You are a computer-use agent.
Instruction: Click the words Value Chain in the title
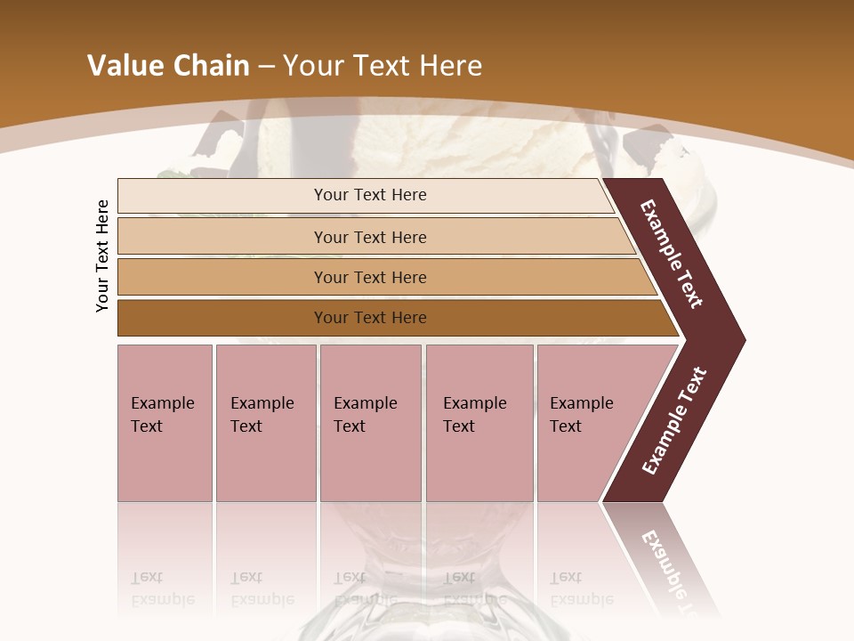[x=168, y=66]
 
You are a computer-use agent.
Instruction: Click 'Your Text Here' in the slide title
[x=383, y=66]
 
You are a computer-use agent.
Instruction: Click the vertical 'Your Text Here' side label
[x=102, y=256]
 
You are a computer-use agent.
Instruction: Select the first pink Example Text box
[x=165, y=423]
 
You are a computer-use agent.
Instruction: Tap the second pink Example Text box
[x=265, y=423]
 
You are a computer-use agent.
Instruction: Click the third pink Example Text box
[x=370, y=423]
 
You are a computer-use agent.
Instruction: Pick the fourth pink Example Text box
[x=479, y=423]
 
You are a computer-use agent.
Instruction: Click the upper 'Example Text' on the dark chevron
[x=672, y=254]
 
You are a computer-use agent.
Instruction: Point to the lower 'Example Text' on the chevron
[x=674, y=421]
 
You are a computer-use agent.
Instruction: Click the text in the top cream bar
[x=370, y=195]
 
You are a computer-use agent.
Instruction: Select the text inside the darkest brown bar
[x=370, y=318]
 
